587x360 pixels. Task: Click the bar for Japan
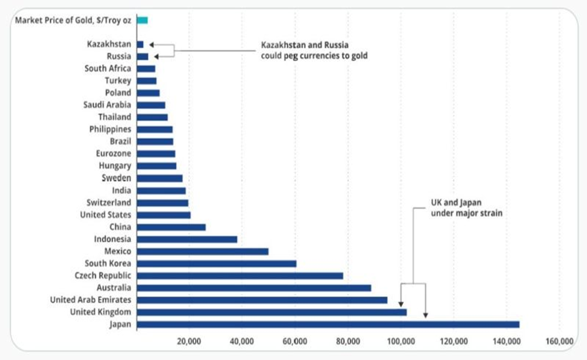click(x=328, y=324)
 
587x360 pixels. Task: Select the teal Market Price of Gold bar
click(x=142, y=20)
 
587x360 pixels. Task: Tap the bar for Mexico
click(x=202, y=251)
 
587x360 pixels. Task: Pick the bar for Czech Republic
click(x=239, y=276)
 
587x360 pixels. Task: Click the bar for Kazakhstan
click(x=140, y=44)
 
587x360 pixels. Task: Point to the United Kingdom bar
click(x=271, y=312)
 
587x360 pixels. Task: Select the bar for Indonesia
click(x=187, y=239)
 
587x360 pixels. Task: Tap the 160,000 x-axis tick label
click(x=559, y=341)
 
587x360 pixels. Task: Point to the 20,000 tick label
click(x=189, y=341)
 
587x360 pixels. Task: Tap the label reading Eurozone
click(x=113, y=154)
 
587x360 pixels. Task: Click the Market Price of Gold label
click(x=73, y=20)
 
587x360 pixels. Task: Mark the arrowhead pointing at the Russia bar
click(x=156, y=57)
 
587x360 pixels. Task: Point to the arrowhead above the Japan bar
click(x=426, y=315)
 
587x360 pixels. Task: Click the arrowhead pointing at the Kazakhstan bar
click(x=151, y=44)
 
